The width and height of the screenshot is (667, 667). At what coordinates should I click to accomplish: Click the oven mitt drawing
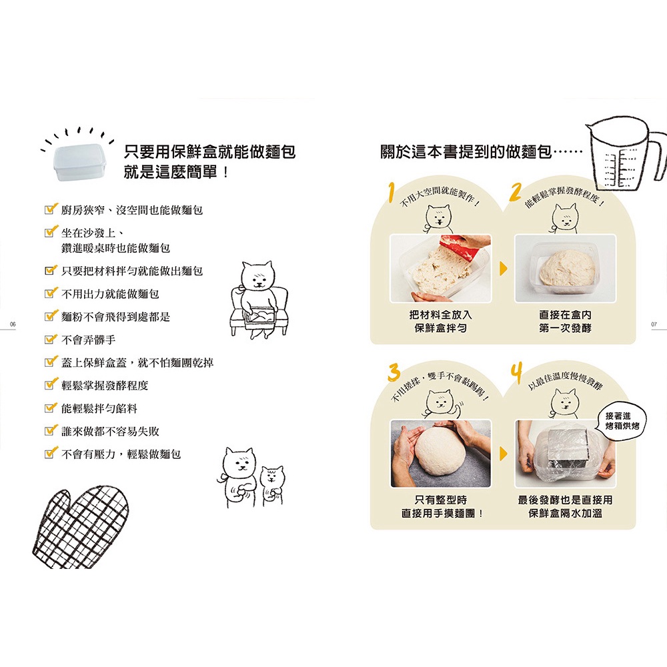click(81, 528)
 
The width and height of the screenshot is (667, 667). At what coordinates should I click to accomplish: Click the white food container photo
click(79, 161)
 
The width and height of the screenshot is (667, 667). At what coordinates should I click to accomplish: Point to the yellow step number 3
click(394, 372)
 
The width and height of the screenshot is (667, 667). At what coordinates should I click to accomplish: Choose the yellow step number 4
click(517, 373)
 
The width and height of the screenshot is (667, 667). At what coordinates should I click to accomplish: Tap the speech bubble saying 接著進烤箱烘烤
click(622, 421)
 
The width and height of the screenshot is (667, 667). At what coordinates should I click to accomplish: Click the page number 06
click(13, 324)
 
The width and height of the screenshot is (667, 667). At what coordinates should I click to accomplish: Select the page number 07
click(654, 324)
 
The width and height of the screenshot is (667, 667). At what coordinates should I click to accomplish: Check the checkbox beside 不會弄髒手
click(51, 339)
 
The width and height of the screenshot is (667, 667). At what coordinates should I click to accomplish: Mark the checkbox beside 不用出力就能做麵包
click(51, 293)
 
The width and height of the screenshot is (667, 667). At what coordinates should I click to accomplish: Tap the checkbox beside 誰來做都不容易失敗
click(51, 430)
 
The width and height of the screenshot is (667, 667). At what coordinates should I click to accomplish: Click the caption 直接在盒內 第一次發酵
click(565, 321)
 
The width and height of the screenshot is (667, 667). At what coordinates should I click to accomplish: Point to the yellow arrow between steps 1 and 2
click(503, 268)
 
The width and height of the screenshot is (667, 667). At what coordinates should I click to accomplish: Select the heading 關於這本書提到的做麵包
click(466, 152)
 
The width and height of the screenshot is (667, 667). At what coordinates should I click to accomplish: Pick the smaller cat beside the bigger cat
click(272, 484)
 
